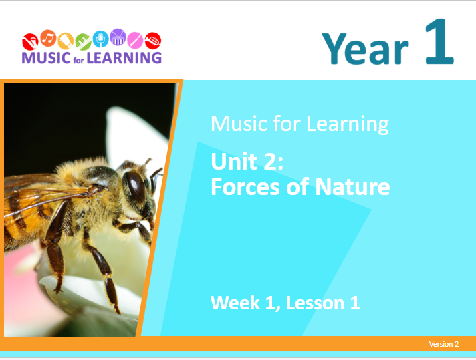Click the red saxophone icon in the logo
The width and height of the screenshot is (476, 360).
pyautogui.click(x=30, y=42)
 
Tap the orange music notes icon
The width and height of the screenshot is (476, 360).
pyautogui.click(x=48, y=38)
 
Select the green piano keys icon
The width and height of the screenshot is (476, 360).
pyautogui.click(x=83, y=42)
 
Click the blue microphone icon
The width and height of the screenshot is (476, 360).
pyautogui.click(x=100, y=39)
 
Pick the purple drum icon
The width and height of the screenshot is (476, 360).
pyautogui.click(x=118, y=37)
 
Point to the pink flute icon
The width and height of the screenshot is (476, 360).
pyautogui.click(x=135, y=40)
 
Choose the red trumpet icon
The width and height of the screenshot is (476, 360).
pyautogui.click(x=153, y=40)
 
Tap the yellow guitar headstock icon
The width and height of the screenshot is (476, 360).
pyautogui.click(x=66, y=41)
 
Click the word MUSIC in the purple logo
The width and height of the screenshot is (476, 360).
pyautogui.click(x=46, y=57)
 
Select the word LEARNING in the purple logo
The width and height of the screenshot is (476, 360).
pyautogui.click(x=124, y=57)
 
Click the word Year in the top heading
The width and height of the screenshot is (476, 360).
pyautogui.click(x=365, y=49)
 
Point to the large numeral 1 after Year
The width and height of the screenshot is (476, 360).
pyautogui.click(x=439, y=41)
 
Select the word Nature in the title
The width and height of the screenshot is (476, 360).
pyautogui.click(x=352, y=187)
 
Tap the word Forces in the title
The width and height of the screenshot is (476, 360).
pyautogui.click(x=245, y=187)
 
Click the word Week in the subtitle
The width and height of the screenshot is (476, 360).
pyautogui.click(x=235, y=303)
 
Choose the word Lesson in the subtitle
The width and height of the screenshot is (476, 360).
pyautogui.click(x=316, y=303)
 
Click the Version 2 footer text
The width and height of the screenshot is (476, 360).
pyautogui.click(x=443, y=344)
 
